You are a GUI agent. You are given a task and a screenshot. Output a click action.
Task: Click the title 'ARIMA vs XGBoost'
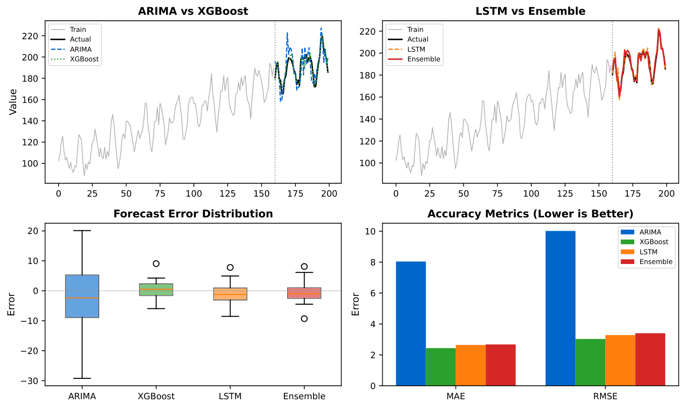click(x=193, y=11)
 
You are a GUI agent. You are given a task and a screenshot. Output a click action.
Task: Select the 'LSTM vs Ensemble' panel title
click(x=530, y=11)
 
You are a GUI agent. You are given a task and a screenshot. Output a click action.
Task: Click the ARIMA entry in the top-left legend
click(x=80, y=49)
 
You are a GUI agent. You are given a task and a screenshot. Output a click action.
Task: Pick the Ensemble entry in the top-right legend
click(x=423, y=59)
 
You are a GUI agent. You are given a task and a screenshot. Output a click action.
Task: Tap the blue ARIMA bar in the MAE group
click(x=411, y=323)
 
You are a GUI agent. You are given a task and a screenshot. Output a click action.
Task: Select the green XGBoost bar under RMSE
click(x=590, y=362)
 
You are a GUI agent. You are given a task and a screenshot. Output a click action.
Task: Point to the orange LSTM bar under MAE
click(x=470, y=365)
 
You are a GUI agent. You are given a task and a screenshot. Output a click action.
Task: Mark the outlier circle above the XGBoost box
click(x=156, y=264)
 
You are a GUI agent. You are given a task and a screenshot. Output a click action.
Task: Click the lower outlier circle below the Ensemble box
click(x=304, y=318)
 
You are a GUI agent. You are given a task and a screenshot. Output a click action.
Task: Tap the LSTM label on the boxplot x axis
click(x=230, y=396)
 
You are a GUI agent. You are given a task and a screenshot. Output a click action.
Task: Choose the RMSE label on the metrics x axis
click(x=605, y=396)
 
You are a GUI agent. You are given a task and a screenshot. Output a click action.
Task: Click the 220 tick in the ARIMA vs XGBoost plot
click(x=30, y=36)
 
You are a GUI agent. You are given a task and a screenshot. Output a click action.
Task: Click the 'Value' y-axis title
click(x=13, y=102)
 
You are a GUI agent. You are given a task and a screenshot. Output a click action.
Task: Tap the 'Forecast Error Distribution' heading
click(x=193, y=214)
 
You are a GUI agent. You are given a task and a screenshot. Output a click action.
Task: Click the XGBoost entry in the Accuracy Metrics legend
click(x=654, y=242)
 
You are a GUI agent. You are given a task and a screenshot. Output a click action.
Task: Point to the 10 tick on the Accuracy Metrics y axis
click(x=370, y=231)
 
